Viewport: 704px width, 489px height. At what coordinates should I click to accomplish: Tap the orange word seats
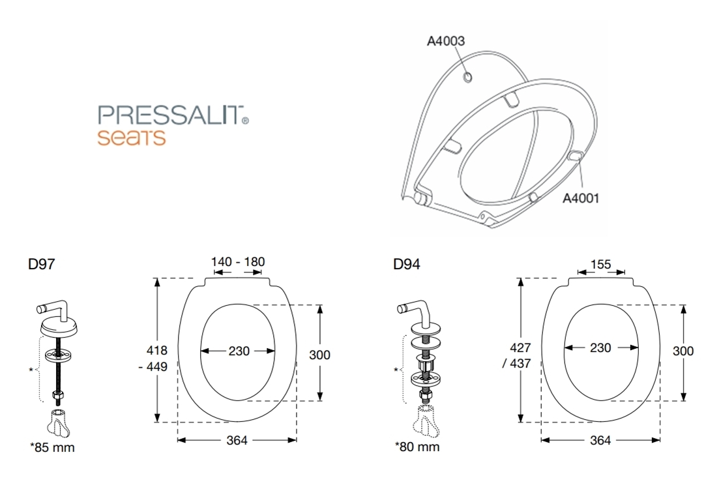coord(132,137)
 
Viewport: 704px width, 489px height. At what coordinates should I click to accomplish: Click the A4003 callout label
coord(446,41)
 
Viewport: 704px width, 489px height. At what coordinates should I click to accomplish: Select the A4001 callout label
coord(581,198)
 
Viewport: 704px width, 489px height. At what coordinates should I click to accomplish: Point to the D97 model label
coord(41,264)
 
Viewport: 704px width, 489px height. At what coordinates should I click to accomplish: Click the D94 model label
coord(407,264)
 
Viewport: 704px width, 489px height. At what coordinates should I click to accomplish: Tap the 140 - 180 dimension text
coord(238,261)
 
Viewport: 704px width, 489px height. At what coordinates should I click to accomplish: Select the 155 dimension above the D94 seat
coord(601,264)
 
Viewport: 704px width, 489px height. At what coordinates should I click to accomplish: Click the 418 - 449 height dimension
coord(153,359)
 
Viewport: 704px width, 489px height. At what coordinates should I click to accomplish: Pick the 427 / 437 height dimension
coord(517,355)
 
